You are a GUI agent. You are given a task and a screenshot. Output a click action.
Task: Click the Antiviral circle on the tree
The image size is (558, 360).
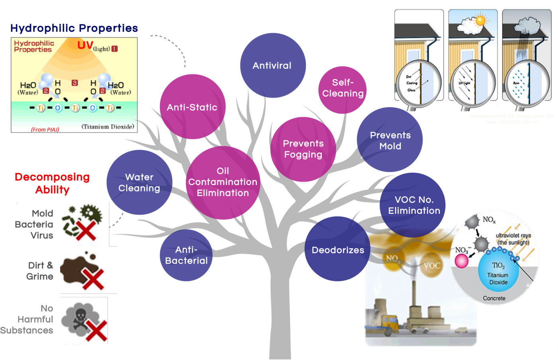(273, 65)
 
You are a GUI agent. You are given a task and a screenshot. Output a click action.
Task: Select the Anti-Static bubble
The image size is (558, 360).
(192, 107)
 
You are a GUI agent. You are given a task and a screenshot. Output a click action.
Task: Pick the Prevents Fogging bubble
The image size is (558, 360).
(303, 149)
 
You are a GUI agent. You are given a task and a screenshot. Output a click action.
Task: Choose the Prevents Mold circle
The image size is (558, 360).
(390, 140)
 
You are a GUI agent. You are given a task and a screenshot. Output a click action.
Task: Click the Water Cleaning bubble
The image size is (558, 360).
(139, 182)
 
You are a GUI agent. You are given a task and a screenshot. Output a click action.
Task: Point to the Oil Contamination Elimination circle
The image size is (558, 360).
(223, 182)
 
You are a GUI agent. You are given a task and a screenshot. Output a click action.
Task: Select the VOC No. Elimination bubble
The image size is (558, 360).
(413, 205)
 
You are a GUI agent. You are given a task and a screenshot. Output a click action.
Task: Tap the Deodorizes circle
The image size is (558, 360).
(338, 249)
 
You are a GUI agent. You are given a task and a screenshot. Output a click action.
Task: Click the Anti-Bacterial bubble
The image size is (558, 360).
(186, 255)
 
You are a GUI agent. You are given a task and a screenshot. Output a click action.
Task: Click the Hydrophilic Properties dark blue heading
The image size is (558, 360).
(74, 28)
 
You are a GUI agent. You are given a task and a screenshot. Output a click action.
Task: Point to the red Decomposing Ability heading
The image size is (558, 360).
(52, 183)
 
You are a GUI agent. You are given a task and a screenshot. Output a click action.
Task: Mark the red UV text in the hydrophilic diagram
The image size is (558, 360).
(85, 45)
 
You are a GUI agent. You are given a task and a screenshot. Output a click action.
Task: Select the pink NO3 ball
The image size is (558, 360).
(461, 261)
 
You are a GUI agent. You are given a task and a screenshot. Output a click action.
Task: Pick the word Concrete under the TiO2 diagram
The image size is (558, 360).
(494, 298)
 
